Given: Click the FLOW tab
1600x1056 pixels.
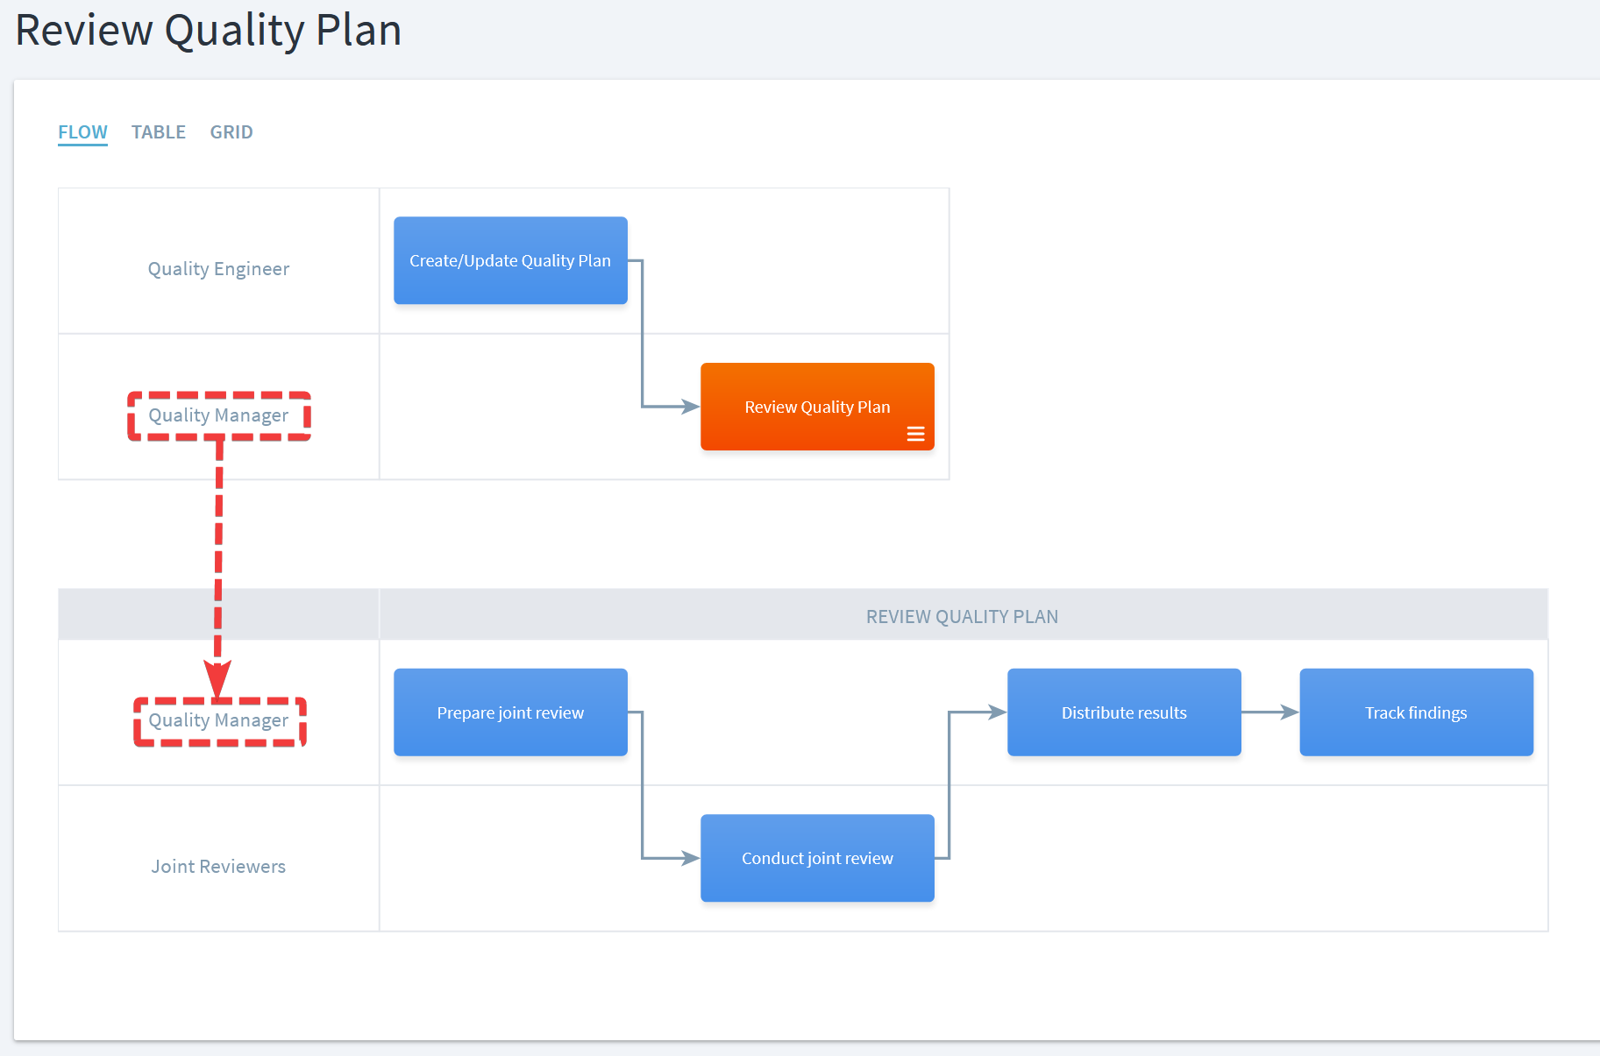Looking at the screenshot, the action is [x=82, y=132].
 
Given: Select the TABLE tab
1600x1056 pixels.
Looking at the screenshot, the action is [x=159, y=132].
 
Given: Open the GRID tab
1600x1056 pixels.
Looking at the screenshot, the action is [x=231, y=132].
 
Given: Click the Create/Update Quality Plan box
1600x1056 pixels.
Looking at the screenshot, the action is [x=510, y=260].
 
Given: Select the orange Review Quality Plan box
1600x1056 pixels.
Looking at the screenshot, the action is [x=817, y=407].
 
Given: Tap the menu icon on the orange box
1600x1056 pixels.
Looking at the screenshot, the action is [x=915, y=434].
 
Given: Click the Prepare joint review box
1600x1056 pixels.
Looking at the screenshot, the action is [x=510, y=712].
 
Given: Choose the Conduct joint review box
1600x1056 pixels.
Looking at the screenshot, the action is [x=817, y=858].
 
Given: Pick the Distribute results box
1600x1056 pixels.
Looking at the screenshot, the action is [x=1124, y=712].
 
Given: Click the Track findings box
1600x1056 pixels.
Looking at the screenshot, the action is [x=1416, y=712].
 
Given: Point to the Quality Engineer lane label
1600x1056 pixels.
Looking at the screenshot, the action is [x=218, y=269].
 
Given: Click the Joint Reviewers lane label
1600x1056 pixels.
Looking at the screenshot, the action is [x=218, y=867].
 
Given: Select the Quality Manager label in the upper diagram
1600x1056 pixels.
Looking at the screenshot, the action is [x=218, y=415].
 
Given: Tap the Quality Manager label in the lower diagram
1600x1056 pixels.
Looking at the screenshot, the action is [x=218, y=720].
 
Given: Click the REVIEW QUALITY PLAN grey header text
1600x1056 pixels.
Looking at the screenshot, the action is [x=962, y=617].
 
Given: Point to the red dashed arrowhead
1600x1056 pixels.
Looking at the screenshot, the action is [x=217, y=680].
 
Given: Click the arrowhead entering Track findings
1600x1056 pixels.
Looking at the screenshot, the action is [x=1290, y=712].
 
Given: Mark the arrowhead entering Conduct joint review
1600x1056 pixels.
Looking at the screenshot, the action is [x=691, y=858].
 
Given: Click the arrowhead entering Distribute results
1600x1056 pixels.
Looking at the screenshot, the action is [x=998, y=712].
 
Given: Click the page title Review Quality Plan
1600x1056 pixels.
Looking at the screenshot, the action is [x=209, y=31].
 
